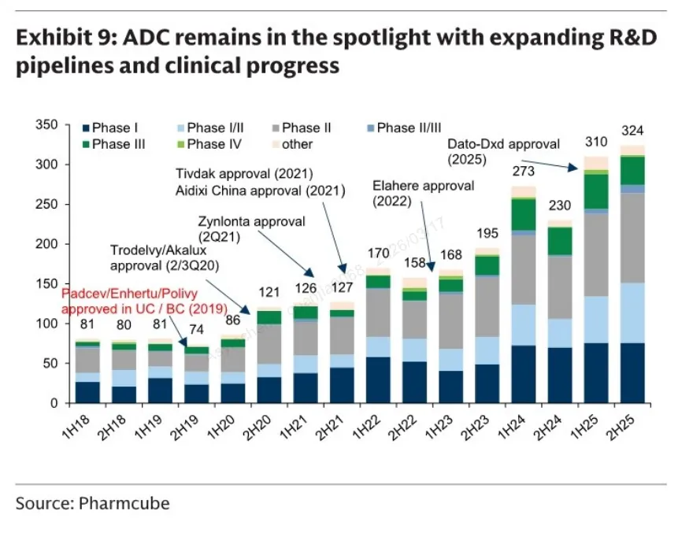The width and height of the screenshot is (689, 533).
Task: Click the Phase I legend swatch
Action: coord(85,128)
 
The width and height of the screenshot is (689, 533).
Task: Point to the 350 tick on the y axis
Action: coord(47,124)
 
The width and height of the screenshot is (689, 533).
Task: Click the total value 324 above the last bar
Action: coord(632,130)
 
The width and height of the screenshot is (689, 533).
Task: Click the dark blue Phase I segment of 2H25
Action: coord(632,373)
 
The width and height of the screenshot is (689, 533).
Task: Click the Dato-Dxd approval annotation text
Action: coord(503,151)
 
